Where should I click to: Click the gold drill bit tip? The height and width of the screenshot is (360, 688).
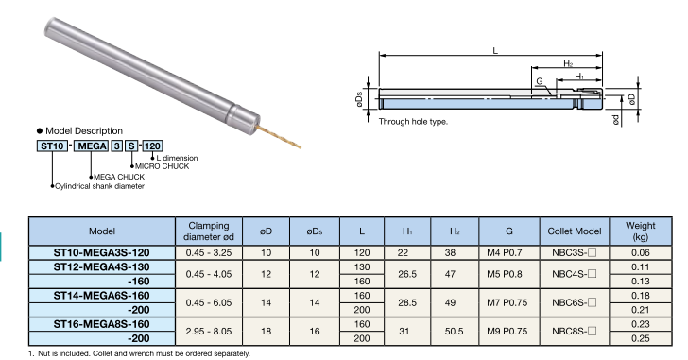pyautogui.click(x=301, y=146)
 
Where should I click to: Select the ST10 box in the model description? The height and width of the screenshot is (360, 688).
pyautogui.click(x=52, y=146)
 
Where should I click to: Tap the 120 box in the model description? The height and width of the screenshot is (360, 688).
pyautogui.click(x=152, y=146)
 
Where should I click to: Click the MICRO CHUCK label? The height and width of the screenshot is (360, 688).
pyautogui.click(x=162, y=166)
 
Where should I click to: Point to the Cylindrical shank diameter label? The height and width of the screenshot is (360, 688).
pyautogui.click(x=99, y=186)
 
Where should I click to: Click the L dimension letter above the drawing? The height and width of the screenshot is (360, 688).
pyautogui.click(x=495, y=50)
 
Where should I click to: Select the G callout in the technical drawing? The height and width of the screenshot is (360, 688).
pyautogui.click(x=540, y=81)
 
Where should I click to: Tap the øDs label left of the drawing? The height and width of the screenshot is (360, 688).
pyautogui.click(x=359, y=99)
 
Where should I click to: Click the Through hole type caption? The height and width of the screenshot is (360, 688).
pyautogui.click(x=413, y=122)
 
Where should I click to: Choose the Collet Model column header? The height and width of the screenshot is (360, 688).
pyautogui.click(x=575, y=231)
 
